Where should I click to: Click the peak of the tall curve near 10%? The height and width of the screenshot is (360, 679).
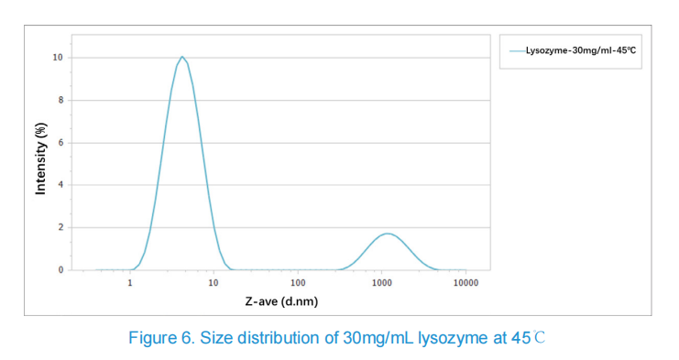[x=182, y=57]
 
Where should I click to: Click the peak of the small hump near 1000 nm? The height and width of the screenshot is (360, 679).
[x=388, y=234]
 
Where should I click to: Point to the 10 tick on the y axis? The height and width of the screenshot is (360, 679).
[x=58, y=58]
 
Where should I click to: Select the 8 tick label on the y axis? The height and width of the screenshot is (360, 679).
[x=61, y=100]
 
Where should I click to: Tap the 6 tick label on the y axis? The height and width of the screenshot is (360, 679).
[x=61, y=142]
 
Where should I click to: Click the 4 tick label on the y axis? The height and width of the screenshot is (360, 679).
[x=61, y=185]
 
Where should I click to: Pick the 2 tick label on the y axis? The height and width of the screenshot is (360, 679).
[x=61, y=227]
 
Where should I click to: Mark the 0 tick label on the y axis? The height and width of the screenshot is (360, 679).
[x=61, y=269]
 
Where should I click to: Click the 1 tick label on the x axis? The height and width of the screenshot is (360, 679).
[x=130, y=283]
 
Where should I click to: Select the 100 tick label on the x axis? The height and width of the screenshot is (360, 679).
[x=298, y=283]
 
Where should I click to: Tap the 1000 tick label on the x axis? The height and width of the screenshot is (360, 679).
[x=381, y=283]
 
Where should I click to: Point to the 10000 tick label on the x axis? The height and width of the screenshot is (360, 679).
[x=465, y=283]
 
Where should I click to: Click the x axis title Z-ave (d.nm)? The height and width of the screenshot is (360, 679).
[x=281, y=301]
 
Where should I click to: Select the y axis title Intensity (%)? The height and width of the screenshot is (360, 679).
[x=40, y=158]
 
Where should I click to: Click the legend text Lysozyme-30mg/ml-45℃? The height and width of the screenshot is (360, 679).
[x=581, y=50]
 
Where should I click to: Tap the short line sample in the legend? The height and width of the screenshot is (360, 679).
[x=518, y=51]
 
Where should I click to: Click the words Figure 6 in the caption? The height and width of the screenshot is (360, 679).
[x=161, y=337]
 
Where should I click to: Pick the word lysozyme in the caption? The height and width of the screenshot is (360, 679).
[x=453, y=338]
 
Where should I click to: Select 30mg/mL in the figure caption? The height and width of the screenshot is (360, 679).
[x=378, y=338]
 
